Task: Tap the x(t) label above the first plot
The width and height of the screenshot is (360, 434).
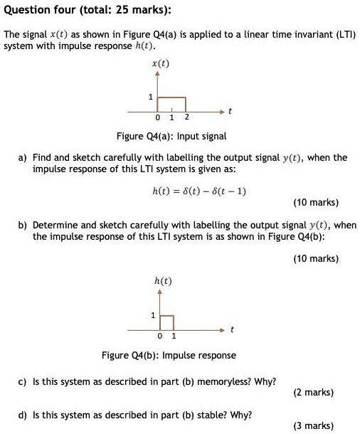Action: pyautogui.click(x=161, y=64)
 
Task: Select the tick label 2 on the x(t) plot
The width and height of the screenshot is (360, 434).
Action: pyautogui.click(x=186, y=118)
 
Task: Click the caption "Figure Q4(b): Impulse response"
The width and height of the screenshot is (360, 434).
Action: pyautogui.click(x=169, y=355)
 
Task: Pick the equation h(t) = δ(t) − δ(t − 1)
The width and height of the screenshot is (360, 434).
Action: pyautogui.click(x=200, y=191)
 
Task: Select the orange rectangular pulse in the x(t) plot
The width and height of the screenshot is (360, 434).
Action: pyautogui.click(x=173, y=104)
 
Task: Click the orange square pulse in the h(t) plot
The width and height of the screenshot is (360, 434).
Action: pyautogui.click(x=166, y=322)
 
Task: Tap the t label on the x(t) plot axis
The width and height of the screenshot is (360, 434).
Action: pyautogui.click(x=230, y=112)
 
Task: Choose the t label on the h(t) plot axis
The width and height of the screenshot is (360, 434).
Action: pyautogui.click(x=231, y=330)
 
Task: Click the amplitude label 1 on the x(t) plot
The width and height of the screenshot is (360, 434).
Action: pyautogui.click(x=150, y=97)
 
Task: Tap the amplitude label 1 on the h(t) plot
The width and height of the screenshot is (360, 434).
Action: pyautogui.click(x=152, y=315)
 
